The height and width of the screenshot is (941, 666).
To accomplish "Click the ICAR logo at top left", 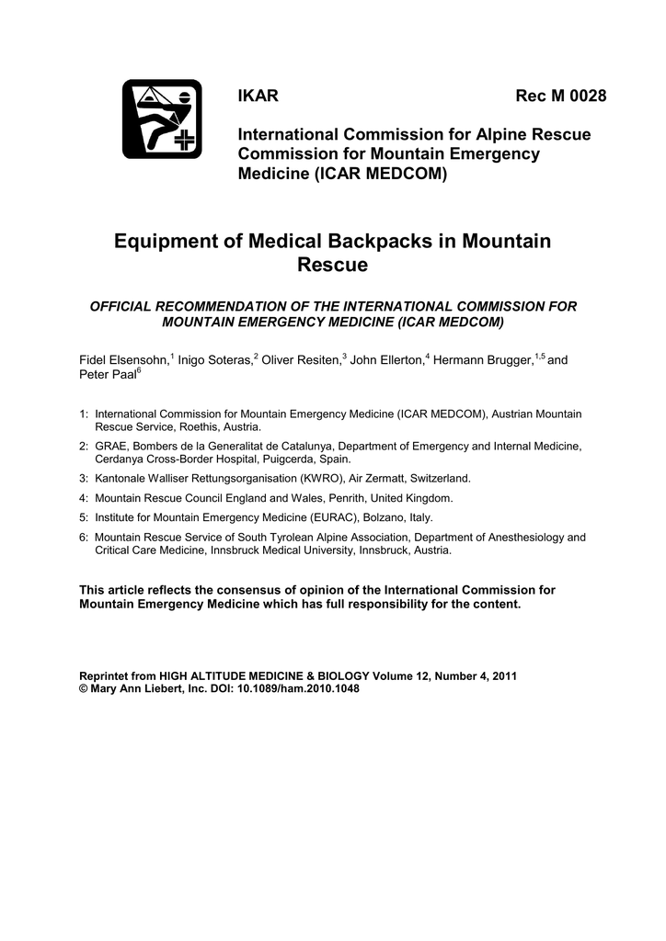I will tap(162, 119).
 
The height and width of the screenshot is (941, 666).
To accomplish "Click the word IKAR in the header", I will tap(258, 97).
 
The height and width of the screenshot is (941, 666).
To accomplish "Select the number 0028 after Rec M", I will tap(588, 97).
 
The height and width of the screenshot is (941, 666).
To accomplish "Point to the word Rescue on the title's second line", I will tap(332, 266).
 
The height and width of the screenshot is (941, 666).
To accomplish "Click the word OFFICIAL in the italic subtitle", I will tap(127, 306).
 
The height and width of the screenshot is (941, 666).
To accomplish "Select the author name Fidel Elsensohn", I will tap(124, 359).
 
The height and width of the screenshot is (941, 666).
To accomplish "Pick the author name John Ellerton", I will tap(385, 359).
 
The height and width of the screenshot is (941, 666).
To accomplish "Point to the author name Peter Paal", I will tap(107, 376).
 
